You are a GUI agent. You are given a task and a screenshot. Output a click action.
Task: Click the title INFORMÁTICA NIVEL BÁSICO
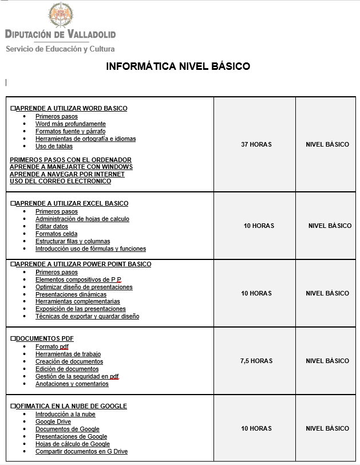click(x=178, y=66)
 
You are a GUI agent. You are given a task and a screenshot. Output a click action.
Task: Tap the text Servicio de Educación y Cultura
click(x=60, y=49)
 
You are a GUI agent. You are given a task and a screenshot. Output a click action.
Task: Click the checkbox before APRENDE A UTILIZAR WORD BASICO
click(x=13, y=108)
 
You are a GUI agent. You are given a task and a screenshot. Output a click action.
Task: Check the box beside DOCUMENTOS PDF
click(x=13, y=338)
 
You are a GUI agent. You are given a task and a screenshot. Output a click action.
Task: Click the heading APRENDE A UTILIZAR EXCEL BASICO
click(x=72, y=203)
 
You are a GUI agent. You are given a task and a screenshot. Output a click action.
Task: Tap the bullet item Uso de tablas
click(x=54, y=146)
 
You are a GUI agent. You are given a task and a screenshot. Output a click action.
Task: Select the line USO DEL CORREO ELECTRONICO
click(x=61, y=181)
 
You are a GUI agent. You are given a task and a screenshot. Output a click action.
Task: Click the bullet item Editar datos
click(x=52, y=226)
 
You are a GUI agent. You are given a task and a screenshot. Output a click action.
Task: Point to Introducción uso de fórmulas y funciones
click(x=90, y=249)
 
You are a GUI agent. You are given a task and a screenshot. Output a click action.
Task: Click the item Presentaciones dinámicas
click(x=71, y=294)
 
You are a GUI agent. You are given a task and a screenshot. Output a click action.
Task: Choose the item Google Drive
click(x=53, y=421)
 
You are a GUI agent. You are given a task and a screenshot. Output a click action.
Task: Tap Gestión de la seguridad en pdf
click(x=77, y=376)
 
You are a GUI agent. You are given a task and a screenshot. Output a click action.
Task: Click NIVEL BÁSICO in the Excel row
click(x=330, y=226)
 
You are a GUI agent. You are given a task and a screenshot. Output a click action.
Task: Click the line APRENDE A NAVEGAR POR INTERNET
click(x=67, y=174)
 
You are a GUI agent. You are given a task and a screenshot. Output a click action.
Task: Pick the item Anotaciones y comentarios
click(x=72, y=384)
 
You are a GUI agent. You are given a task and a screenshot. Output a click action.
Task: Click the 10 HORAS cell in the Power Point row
click(x=256, y=293)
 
